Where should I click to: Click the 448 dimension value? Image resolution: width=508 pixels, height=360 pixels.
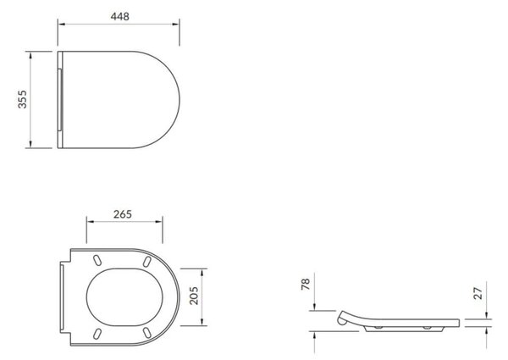120,16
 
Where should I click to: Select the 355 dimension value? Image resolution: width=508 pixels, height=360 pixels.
22,99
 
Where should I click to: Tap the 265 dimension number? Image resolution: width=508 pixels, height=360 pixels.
123,214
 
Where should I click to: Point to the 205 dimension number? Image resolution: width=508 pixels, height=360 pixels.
194,296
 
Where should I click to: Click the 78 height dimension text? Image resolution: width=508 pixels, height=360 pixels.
306,284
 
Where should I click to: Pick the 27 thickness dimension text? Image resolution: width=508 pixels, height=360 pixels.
478,293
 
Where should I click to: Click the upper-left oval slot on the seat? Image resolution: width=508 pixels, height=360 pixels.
97,260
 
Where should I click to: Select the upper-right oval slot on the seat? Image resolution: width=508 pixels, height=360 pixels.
146,262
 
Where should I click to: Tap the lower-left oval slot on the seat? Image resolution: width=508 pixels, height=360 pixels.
97,334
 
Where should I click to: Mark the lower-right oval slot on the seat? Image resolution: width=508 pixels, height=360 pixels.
146,332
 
